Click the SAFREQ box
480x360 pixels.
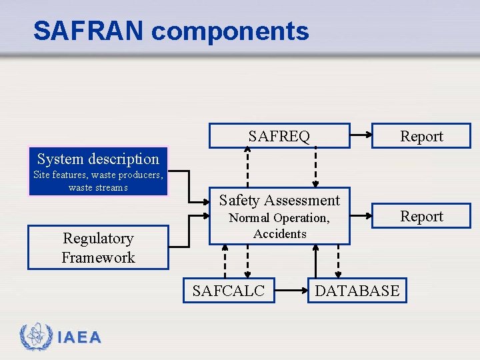279,136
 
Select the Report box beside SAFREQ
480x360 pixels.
421,136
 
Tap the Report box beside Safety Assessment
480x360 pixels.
421,216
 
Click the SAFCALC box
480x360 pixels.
229,291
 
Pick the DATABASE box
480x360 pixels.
357,291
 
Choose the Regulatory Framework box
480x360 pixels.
98,247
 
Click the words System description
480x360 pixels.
98,159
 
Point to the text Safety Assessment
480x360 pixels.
279,200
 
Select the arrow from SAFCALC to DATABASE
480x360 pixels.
291,291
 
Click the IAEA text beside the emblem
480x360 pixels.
79,338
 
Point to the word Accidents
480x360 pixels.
280,233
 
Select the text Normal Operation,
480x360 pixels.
279,218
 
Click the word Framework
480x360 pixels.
98,257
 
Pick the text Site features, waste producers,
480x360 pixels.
98,175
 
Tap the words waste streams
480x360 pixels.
98,187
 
